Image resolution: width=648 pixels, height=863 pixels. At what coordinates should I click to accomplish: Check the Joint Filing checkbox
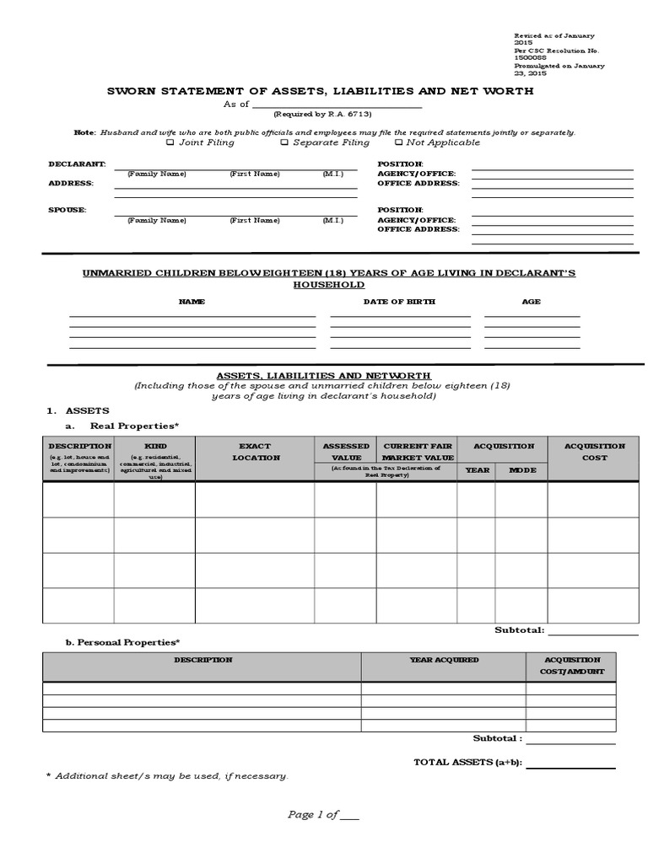pos(170,142)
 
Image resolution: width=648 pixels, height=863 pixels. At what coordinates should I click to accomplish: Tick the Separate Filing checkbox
pos(286,142)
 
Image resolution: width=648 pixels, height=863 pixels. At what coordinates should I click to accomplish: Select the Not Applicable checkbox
pos(398,142)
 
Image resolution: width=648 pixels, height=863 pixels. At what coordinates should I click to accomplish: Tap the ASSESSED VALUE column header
pos(345,452)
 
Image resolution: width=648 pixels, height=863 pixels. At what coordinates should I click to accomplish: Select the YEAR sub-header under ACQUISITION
pos(476,470)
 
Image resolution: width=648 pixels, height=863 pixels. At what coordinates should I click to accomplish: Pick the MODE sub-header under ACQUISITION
pos(521,470)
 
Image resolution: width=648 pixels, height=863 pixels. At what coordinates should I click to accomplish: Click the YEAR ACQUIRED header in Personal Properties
pos(444,660)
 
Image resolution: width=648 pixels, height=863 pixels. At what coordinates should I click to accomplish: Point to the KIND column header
pos(154,446)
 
